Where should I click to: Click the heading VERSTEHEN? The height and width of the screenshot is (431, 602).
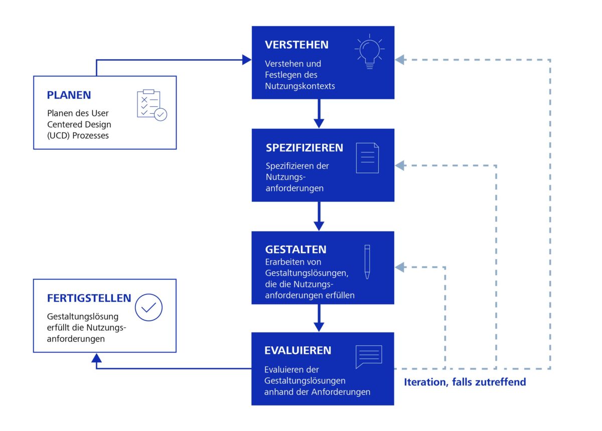tap(296, 45)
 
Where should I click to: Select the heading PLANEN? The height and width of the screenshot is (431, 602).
tap(69, 95)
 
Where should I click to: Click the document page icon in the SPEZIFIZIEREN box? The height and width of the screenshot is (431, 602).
tap(367, 158)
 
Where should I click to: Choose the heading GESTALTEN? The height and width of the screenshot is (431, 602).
tap(295, 250)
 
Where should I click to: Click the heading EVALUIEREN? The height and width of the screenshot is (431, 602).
tap(297, 350)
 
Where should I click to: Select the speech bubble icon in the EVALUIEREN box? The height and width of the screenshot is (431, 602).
tap(368, 356)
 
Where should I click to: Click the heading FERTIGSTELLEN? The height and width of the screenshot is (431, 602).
tap(89, 298)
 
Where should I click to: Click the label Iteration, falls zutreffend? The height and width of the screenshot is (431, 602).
tap(465, 382)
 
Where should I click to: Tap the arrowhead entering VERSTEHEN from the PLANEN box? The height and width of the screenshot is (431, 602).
tap(246, 60)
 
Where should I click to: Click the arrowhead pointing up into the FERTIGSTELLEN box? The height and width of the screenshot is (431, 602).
tap(97, 357)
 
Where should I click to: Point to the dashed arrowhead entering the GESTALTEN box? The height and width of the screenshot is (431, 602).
tap(400, 267)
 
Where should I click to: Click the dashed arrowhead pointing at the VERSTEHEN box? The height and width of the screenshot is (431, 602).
tap(400, 60)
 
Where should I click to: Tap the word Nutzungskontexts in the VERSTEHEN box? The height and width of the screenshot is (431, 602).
tap(299, 86)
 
